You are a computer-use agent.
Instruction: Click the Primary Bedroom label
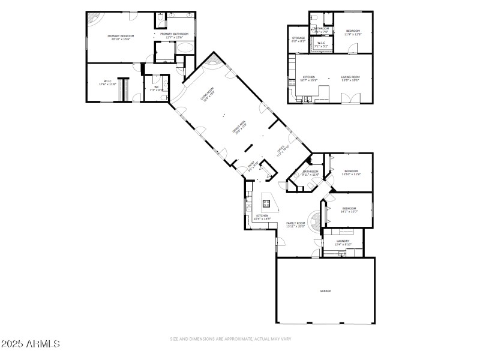pos(121,37)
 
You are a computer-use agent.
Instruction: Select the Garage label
pos(325,291)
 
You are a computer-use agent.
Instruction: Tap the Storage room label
pos(298,40)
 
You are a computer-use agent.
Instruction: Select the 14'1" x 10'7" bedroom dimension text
pos(349,211)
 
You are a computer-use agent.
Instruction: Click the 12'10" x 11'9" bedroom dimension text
pos(351,174)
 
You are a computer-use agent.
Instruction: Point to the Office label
pos(282,151)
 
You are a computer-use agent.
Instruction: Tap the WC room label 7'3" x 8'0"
pos(156,89)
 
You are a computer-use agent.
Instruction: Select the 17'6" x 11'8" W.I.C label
pos(107,83)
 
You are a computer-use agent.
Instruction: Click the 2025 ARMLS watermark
pos(31,344)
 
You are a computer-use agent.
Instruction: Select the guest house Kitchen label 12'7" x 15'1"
pos(309,79)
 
